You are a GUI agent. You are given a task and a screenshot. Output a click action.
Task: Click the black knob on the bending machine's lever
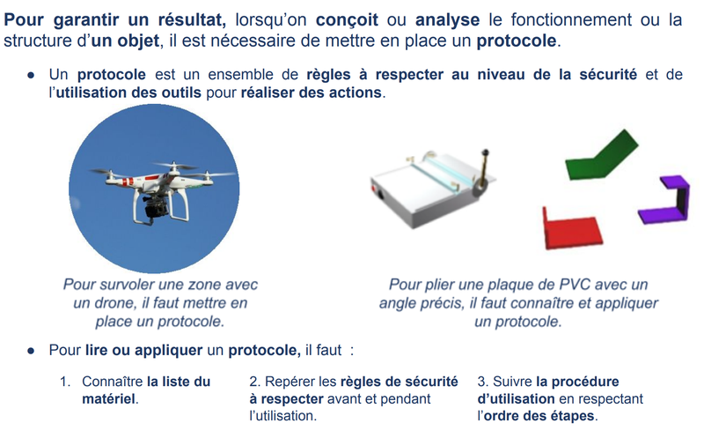click(x=485, y=153)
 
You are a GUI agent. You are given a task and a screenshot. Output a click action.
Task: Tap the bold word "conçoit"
click(x=347, y=20)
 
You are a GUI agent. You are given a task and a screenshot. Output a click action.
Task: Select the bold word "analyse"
click(x=447, y=20)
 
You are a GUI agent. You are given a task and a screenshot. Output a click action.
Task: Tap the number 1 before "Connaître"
click(x=63, y=382)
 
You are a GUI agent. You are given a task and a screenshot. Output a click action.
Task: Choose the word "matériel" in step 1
click(x=108, y=399)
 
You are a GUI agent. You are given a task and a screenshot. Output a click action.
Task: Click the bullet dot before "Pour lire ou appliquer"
click(x=31, y=351)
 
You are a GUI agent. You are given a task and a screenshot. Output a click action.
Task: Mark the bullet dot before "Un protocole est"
click(x=31, y=75)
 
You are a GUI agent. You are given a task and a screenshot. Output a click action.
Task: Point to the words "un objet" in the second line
click(x=125, y=41)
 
